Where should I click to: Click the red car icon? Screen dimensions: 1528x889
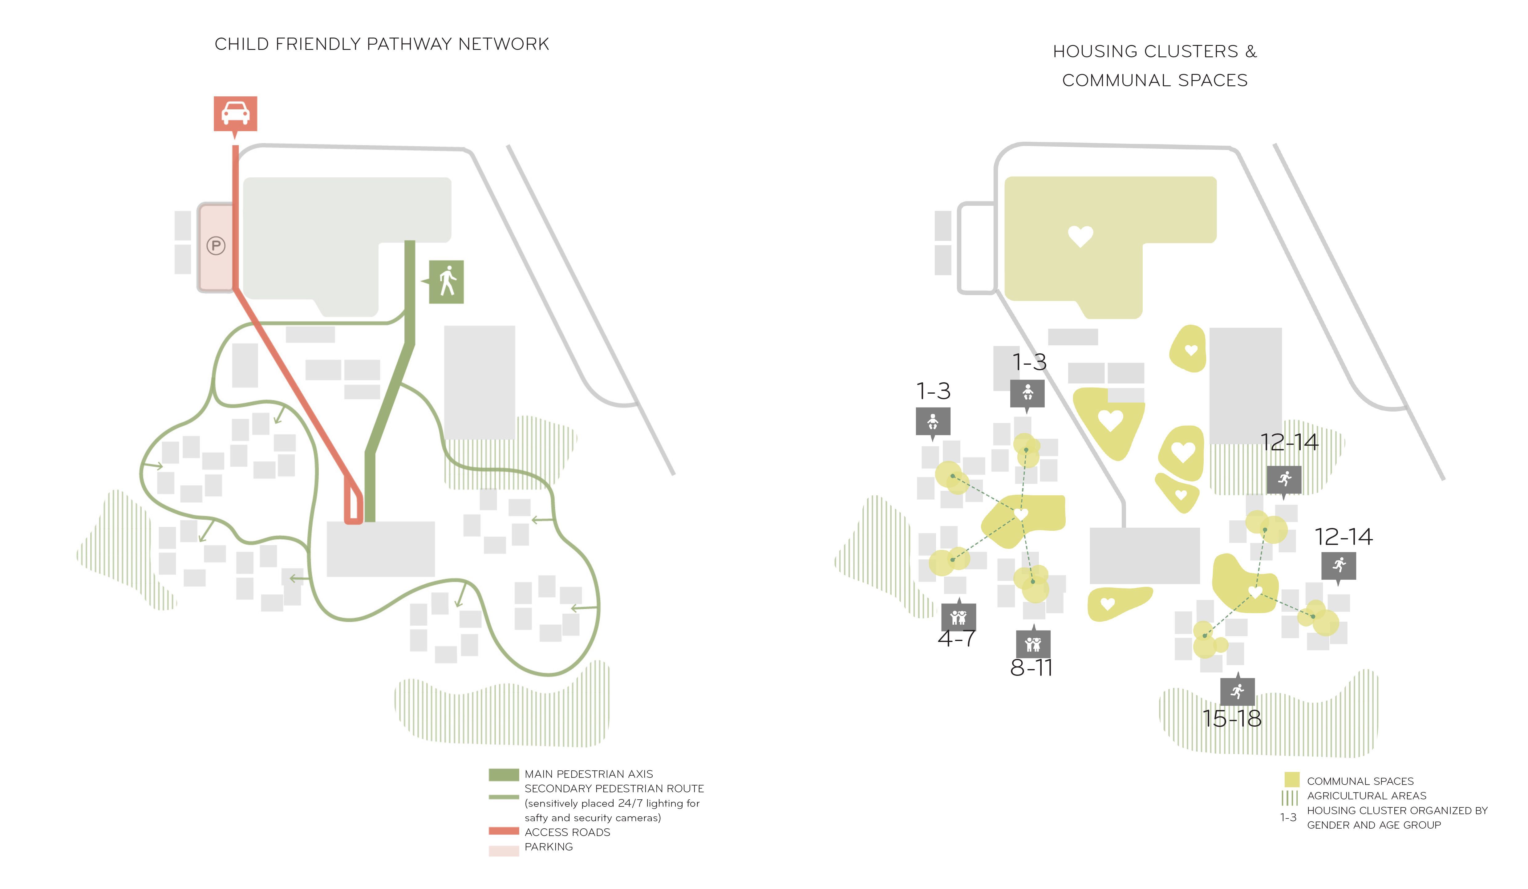pos(235,113)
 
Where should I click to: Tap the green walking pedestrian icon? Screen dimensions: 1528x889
pos(446,282)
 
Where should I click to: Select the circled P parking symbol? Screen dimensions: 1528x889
pos(216,246)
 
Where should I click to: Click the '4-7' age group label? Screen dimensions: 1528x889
pos(956,639)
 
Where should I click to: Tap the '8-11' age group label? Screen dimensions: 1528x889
pos(1031,668)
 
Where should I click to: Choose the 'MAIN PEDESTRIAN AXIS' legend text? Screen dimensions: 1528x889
pos(588,774)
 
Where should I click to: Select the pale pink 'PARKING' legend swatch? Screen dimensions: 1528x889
pos(503,851)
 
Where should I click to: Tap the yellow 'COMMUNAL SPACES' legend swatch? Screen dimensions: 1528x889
pos(1291,780)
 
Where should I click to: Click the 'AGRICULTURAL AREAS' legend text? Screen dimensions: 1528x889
pos(1366,796)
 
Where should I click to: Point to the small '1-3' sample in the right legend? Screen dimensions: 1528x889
pos(1288,818)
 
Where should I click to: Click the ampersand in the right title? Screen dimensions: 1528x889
pos(1251,51)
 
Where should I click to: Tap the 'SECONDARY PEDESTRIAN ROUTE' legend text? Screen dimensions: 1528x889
pos(614,789)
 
